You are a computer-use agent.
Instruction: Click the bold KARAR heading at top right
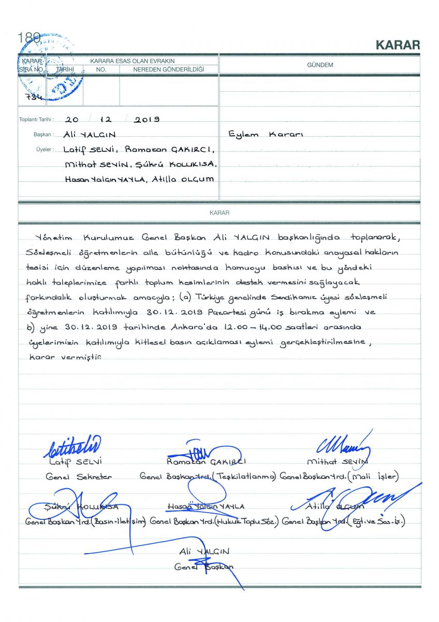(398, 45)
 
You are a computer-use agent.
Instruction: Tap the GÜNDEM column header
(319, 65)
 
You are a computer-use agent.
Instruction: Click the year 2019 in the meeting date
(147, 120)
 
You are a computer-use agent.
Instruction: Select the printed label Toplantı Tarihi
(36, 120)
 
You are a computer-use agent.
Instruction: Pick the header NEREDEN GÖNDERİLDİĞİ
(169, 69)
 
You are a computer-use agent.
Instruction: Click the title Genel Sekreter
(78, 476)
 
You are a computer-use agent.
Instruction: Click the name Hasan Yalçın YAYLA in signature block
(206, 506)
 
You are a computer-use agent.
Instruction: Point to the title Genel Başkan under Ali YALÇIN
(203, 567)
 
